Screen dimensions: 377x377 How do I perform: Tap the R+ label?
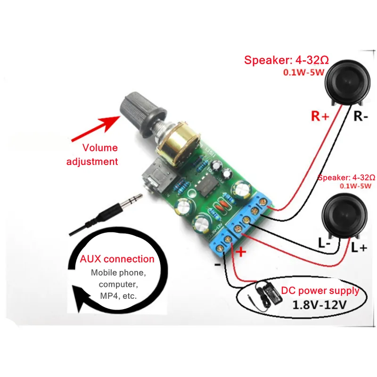tap(320, 116)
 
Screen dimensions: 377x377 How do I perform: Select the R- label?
tap(361, 116)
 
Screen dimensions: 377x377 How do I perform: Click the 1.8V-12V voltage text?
tap(321, 304)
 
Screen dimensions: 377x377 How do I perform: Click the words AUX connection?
tap(117, 259)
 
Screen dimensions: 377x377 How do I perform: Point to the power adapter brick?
tap(267, 292)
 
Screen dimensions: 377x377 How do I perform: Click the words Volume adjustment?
tap(99, 154)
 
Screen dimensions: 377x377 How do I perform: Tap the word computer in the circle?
tap(117, 285)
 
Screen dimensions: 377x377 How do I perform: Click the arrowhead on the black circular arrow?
tap(85, 301)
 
